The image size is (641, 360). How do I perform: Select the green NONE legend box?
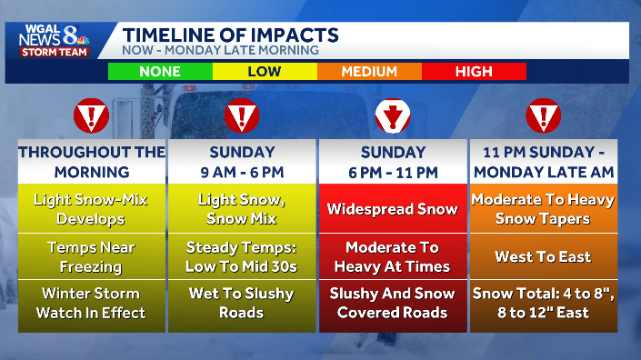(160, 72)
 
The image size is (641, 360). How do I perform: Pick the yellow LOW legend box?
(265, 72)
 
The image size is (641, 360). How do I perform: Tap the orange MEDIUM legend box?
(369, 72)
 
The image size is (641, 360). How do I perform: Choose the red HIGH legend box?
(474, 72)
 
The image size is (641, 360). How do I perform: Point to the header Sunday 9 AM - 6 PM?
(242, 161)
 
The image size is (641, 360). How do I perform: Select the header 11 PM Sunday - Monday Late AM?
(542, 161)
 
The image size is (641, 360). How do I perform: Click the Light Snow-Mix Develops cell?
(91, 209)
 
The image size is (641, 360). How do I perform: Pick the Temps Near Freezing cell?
(91, 256)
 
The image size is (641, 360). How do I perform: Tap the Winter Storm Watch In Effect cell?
(91, 303)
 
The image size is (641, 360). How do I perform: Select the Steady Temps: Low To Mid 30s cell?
(242, 256)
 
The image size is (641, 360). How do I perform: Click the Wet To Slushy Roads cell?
(242, 303)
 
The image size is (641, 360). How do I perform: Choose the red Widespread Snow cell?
(393, 209)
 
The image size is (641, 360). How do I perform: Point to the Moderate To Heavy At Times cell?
(393, 256)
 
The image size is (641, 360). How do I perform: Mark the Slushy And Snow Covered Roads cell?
(393, 303)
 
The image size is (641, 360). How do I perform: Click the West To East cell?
(542, 256)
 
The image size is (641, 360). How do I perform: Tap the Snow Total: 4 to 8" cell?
(542, 303)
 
